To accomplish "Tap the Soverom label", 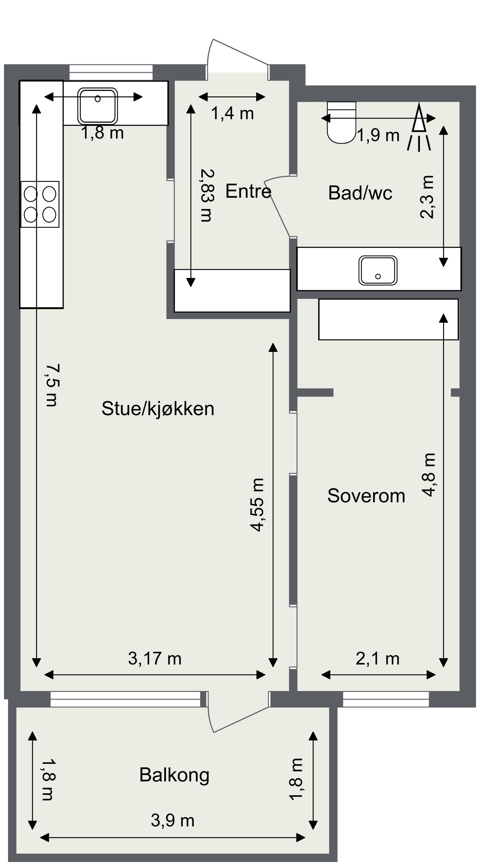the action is (x=366, y=496).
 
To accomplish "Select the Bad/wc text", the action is (x=360, y=193).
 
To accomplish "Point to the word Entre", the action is (x=248, y=191).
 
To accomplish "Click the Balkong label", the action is (x=174, y=774).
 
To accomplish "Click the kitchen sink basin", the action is (x=97, y=106).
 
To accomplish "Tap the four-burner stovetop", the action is (x=40, y=204).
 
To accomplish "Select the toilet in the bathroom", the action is (x=341, y=122).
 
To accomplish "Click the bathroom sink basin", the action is (x=378, y=270).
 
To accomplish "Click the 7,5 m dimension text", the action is (x=52, y=385).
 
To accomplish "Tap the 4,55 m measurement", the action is (x=257, y=505).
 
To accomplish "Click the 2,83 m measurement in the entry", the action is (x=206, y=195).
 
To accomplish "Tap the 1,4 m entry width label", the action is (x=232, y=113).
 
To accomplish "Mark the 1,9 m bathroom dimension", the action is (x=378, y=135).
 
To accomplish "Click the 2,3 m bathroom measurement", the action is (x=427, y=197).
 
